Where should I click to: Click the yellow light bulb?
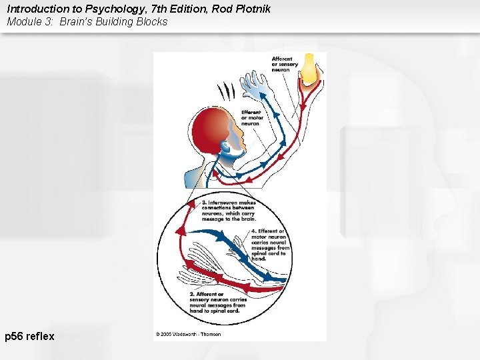pos(309,69)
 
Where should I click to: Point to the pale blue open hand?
pos(255,85)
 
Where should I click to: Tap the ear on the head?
pos(225,145)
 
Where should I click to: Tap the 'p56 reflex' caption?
pos(29,337)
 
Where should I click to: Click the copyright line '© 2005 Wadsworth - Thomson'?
pos(189,334)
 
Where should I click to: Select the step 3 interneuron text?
pos(229,211)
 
